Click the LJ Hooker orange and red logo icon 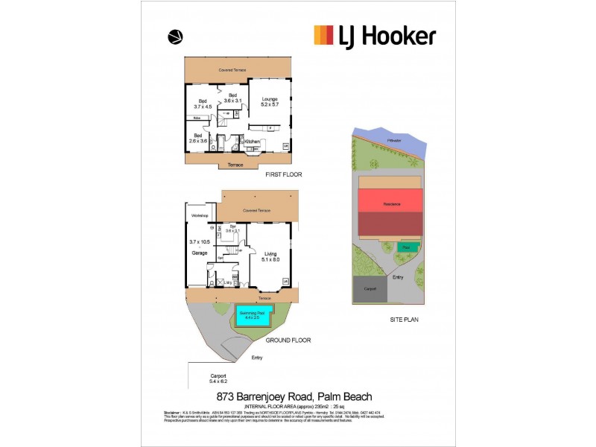tap(323, 35)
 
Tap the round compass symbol tap(176, 36)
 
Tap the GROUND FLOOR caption tap(288, 340)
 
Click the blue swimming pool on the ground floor tap(253, 316)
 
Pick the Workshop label tap(200, 216)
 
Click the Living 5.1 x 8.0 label tap(270, 257)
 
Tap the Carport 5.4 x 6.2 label tap(218, 378)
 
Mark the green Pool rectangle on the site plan tap(406, 247)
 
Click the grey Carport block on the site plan tap(370, 288)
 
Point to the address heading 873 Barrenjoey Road tap(294, 396)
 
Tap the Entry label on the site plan tap(399, 277)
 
